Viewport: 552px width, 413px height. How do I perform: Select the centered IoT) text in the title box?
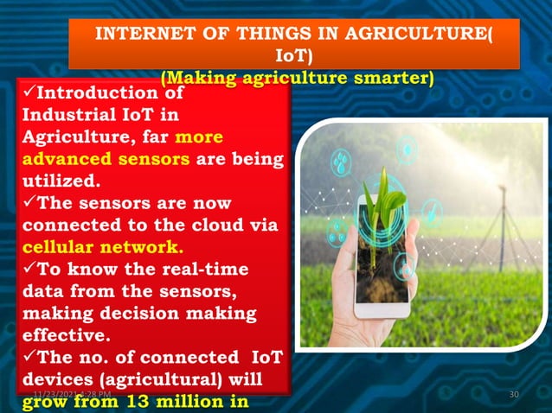click(x=293, y=56)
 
